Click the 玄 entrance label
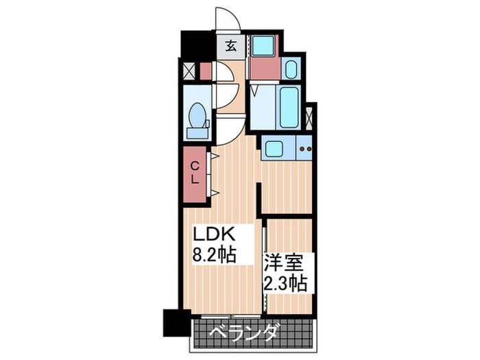231,46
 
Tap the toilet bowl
197,115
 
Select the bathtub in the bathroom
289,107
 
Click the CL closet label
195,173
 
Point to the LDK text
214,235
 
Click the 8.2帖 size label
214,254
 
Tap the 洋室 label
284,263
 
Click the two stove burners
306,149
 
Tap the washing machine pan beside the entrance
263,46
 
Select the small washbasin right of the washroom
291,70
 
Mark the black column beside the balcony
177,323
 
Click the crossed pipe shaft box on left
189,71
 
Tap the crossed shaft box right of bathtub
309,117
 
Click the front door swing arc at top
232,15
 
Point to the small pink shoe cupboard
206,71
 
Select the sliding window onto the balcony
231,316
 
